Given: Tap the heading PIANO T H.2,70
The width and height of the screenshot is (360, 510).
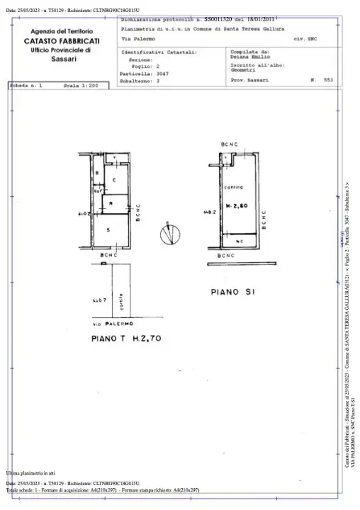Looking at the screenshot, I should tap(127, 339).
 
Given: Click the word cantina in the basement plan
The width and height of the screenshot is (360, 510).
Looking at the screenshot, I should tap(234, 188).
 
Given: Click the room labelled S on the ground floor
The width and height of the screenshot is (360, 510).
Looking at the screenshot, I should tap(108, 231).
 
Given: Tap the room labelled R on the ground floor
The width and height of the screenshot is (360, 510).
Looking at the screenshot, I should tap(104, 204).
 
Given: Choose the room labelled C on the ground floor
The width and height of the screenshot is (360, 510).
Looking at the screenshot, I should tap(113, 180).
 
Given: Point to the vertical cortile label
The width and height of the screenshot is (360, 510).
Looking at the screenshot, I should tap(123, 301).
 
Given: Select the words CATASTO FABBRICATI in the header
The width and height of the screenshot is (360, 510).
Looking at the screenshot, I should tap(60, 42).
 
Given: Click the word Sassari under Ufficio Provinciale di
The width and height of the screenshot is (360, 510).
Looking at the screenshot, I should tap(60, 59).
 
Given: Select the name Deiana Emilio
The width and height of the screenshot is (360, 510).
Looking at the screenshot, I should tap(247, 57).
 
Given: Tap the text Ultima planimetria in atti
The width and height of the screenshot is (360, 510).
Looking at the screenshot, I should tap(30, 472).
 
